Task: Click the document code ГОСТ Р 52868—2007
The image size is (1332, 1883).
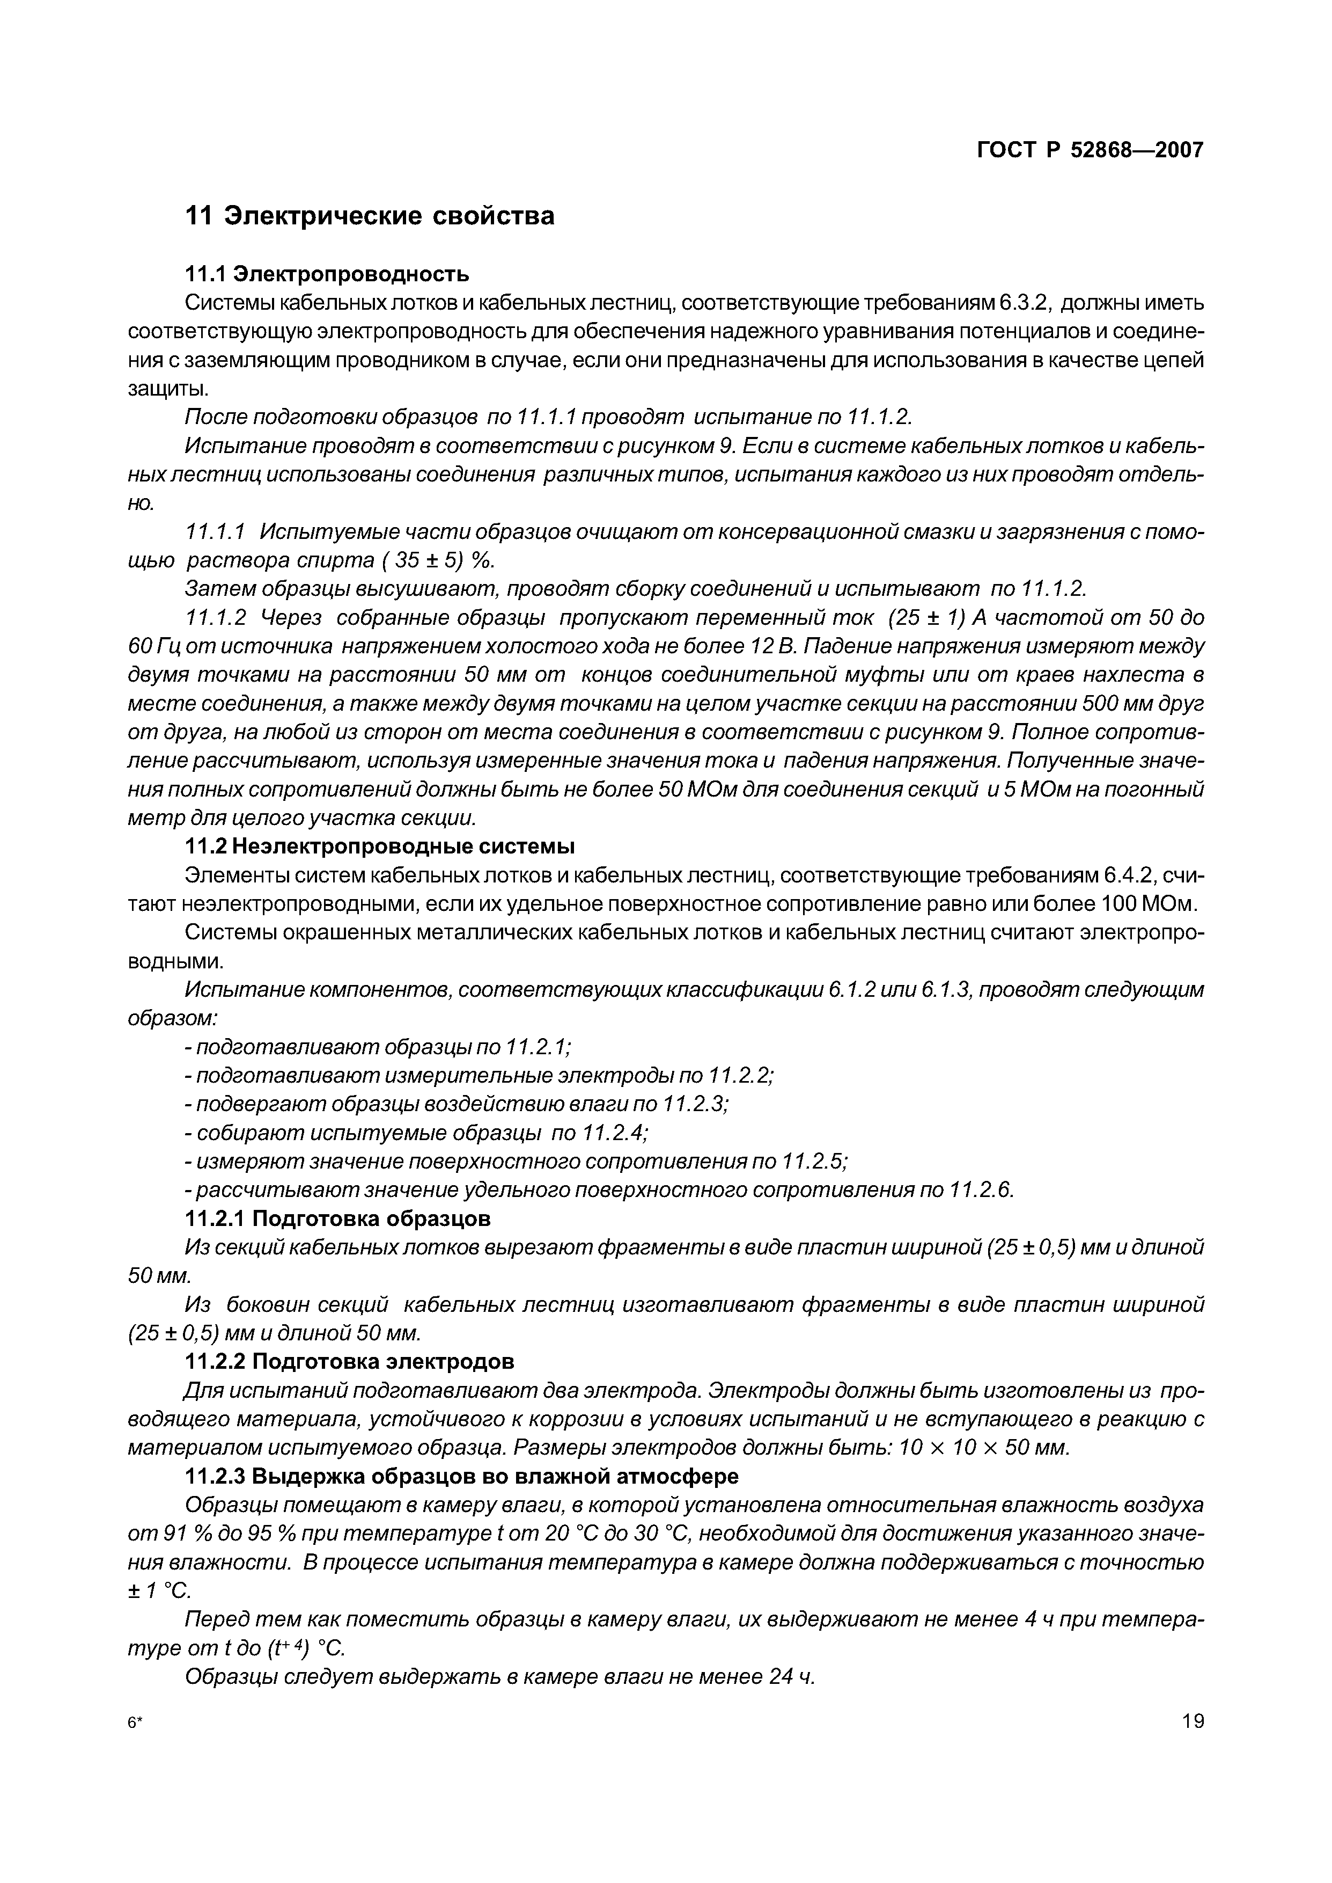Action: [1090, 150]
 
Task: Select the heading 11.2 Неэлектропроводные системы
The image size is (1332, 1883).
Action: [380, 846]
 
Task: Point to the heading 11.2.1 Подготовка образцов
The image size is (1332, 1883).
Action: [337, 1218]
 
